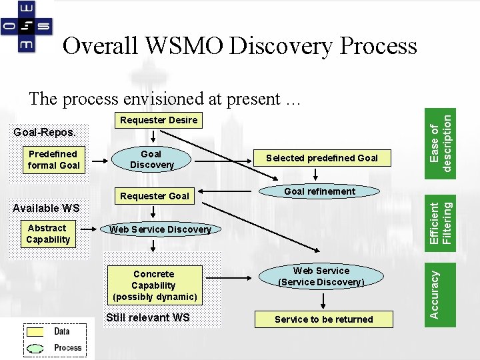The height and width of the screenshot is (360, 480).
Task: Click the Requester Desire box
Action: point(158,120)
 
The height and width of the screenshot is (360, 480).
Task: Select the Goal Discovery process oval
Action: point(152,159)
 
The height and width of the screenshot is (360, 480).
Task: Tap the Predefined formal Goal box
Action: point(53,159)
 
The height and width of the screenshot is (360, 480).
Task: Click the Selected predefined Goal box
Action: point(321,158)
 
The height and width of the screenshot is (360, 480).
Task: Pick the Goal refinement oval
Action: point(320,191)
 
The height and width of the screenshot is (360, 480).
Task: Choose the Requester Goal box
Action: point(154,196)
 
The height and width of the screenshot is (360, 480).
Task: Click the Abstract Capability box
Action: point(47,233)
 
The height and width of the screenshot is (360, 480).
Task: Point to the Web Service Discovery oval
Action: point(160,229)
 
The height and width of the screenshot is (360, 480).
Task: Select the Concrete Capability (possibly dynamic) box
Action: point(154,285)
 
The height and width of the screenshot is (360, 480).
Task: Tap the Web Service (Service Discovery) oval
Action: point(321,276)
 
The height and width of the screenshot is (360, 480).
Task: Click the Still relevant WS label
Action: point(148,317)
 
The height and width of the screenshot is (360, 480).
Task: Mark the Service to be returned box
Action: point(323,319)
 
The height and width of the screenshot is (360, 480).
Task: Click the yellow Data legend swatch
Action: point(37,331)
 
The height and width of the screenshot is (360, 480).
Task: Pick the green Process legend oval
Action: point(37,347)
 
